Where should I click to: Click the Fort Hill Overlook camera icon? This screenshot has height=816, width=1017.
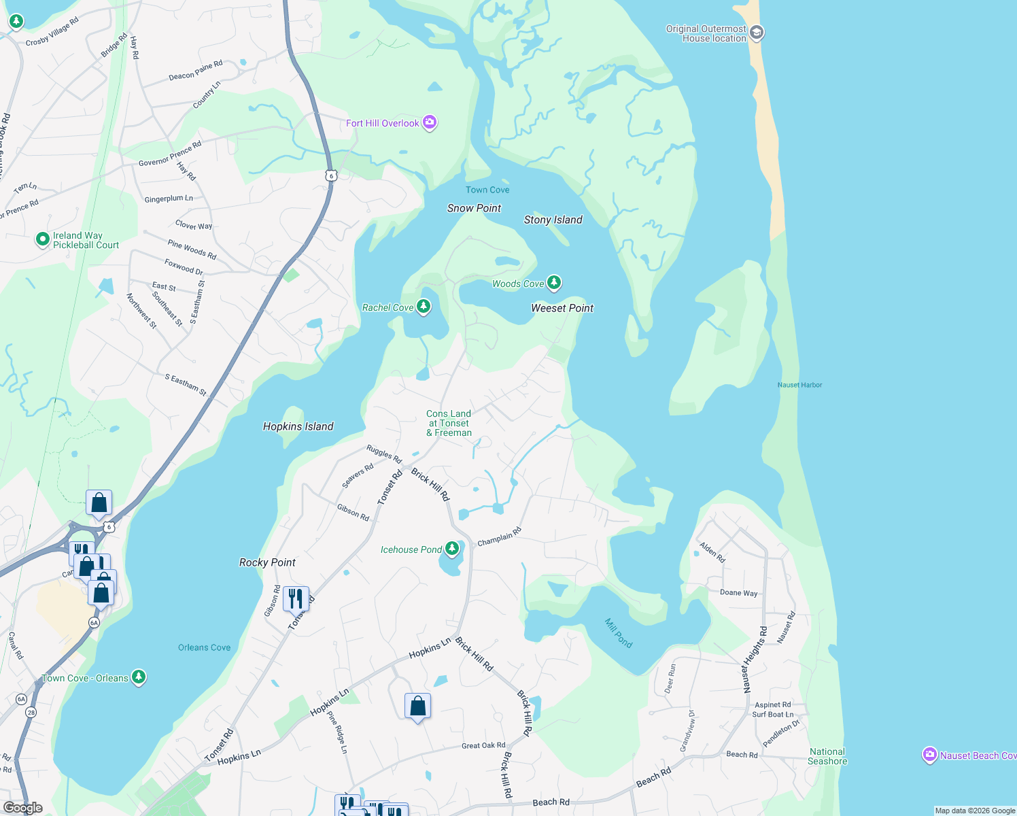point(429,122)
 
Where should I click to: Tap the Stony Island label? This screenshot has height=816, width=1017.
point(553,220)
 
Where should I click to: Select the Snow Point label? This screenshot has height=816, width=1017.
point(474,208)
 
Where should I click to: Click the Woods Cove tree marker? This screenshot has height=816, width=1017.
point(554,282)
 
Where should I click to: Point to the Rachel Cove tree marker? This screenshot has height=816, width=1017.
point(424,307)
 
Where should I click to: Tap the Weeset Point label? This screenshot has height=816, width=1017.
point(562,308)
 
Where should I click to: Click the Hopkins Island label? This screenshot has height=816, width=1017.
point(298,426)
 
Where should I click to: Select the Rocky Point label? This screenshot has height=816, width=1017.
point(267,562)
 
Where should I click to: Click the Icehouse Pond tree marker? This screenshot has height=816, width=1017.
point(452,549)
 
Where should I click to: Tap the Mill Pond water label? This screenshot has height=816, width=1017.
point(619,632)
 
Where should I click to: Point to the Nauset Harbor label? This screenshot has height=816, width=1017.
point(799,385)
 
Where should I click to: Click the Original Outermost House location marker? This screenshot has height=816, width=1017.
point(757,33)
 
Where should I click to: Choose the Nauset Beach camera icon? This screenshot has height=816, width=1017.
point(929,755)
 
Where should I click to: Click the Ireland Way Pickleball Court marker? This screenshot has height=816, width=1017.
point(43,239)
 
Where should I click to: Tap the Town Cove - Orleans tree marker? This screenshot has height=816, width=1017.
point(139,677)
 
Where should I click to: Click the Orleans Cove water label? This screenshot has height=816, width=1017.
point(204,647)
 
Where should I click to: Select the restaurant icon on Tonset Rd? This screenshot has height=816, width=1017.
point(296,598)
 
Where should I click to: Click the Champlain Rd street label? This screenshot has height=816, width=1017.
point(499,537)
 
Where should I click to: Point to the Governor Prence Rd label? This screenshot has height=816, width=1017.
point(170,154)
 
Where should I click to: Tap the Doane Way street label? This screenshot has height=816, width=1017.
point(738,593)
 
